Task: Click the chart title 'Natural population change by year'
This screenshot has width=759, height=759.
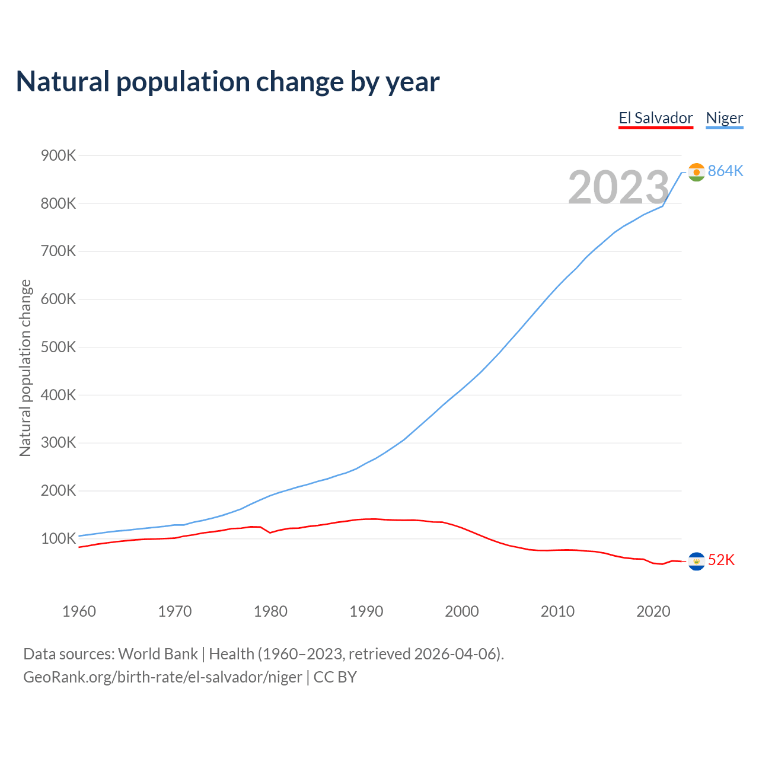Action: (x=228, y=82)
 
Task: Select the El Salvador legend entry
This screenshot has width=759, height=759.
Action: (x=655, y=118)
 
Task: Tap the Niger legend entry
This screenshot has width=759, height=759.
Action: (x=724, y=118)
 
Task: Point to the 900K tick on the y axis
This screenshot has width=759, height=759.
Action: (x=59, y=156)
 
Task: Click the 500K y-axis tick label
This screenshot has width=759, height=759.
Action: (x=59, y=347)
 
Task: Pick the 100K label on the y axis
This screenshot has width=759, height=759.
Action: (x=59, y=539)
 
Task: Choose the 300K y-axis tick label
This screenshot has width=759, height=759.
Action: (x=59, y=443)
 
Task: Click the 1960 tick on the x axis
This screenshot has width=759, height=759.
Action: (x=79, y=611)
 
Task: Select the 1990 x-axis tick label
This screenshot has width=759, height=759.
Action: (x=366, y=611)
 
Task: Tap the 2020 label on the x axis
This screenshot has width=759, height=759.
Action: (x=653, y=611)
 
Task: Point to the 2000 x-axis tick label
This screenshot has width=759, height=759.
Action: (x=462, y=611)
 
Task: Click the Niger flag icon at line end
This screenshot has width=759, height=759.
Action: (x=696, y=172)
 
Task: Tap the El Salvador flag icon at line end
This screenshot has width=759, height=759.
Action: (x=696, y=561)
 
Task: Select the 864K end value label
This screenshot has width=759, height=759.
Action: (x=725, y=171)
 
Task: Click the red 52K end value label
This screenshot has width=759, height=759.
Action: (x=721, y=560)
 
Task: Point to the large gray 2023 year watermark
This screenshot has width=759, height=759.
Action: (x=618, y=187)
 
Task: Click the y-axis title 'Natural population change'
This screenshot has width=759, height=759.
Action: (x=25, y=368)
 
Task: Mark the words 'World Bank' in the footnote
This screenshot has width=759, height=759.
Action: (x=158, y=654)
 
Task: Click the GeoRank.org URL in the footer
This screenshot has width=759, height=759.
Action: (x=162, y=677)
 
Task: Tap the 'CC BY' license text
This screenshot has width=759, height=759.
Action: (x=335, y=677)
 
